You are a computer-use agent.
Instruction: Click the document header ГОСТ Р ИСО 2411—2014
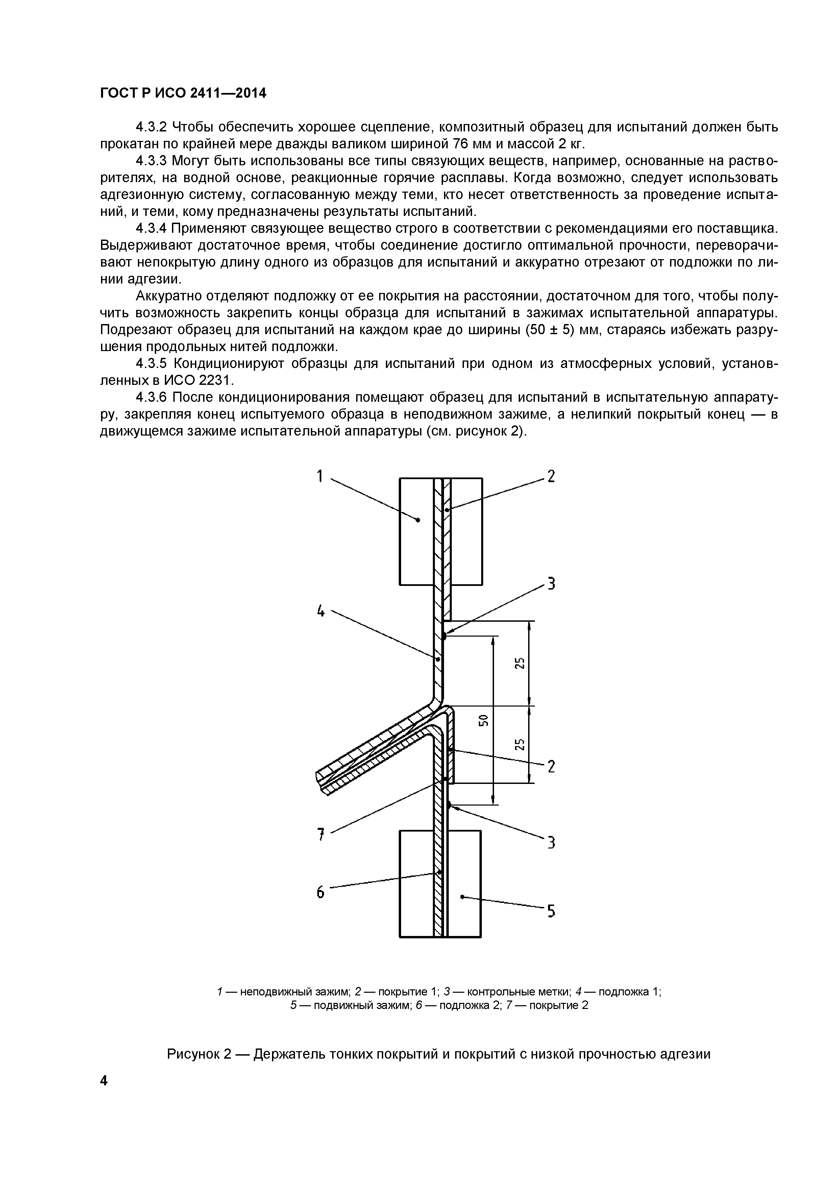click(x=183, y=93)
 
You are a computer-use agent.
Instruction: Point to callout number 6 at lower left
click(x=320, y=892)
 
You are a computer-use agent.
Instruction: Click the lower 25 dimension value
click(x=520, y=744)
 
